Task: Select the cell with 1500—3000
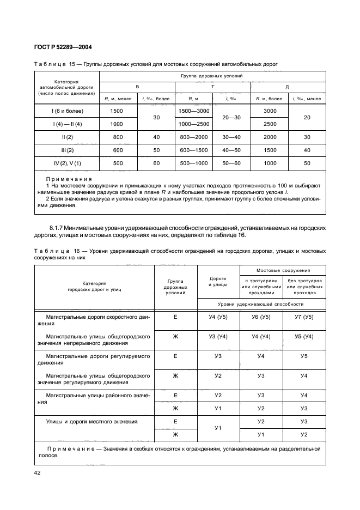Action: (194, 111)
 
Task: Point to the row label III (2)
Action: (67, 150)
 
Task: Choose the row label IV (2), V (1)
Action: (67, 163)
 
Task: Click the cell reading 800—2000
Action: (194, 137)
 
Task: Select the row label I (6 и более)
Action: (67, 111)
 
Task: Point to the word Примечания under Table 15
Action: (69, 179)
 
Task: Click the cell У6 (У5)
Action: (261, 317)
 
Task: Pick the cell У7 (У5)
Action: (304, 317)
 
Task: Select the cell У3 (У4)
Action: (218, 337)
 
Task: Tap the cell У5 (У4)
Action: (304, 337)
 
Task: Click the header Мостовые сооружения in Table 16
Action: (283, 270)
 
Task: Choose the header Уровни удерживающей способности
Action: (261, 303)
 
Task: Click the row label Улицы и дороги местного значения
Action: (91, 421)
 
